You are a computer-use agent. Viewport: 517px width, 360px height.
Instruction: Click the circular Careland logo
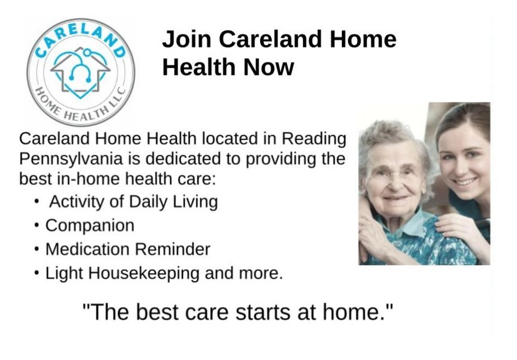pyautogui.click(x=81, y=71)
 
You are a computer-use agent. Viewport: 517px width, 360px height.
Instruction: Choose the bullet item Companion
pyautogui.click(x=90, y=226)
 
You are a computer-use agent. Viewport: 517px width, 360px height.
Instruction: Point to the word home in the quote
pyautogui.click(x=354, y=313)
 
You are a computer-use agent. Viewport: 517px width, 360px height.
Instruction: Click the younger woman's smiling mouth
pyautogui.click(x=465, y=181)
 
